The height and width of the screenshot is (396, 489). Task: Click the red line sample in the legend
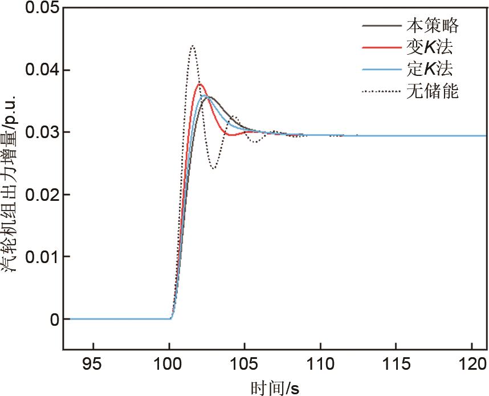click(380, 47)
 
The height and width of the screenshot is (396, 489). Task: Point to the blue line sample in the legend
click(380, 70)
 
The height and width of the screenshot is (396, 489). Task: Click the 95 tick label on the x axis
click(93, 363)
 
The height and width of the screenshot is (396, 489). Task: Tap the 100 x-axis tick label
click(169, 363)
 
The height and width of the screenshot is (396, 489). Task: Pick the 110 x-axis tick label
click(320, 363)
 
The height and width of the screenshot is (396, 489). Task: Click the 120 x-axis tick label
click(472, 363)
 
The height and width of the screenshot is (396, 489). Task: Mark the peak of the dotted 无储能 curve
click(193, 46)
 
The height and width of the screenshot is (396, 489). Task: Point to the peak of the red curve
click(200, 84)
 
